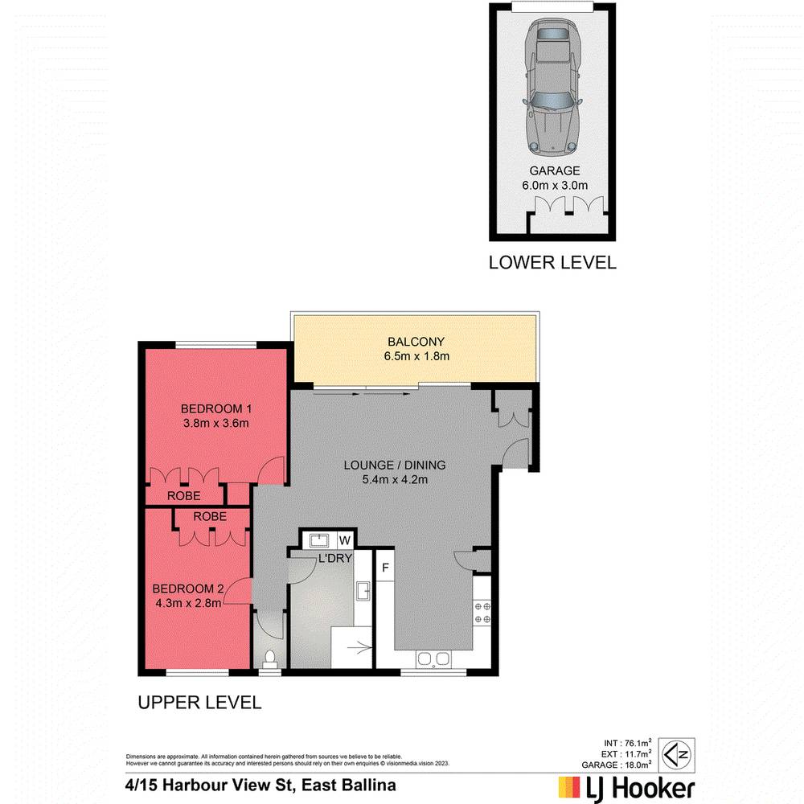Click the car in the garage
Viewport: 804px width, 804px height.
(552, 88)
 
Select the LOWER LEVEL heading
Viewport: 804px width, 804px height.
(552, 262)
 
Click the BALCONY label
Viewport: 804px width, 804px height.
(415, 341)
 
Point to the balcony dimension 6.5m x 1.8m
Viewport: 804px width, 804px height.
(415, 356)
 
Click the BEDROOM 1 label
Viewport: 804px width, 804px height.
(215, 406)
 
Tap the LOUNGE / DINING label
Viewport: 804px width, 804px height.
(394, 465)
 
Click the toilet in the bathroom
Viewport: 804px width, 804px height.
(269, 658)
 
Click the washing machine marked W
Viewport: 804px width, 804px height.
(344, 539)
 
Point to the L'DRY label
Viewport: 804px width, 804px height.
(335, 558)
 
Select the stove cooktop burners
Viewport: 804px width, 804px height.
(482, 613)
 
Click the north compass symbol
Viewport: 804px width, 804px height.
(675, 754)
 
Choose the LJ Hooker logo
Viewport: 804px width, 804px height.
(626, 786)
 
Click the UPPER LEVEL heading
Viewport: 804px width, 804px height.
(199, 703)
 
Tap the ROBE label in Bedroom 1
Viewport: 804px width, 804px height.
(184, 495)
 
